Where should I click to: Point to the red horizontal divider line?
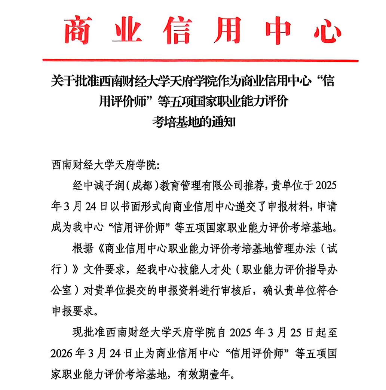coord(200,60)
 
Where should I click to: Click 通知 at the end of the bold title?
coord(223,122)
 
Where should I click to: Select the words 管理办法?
coord(285,248)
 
